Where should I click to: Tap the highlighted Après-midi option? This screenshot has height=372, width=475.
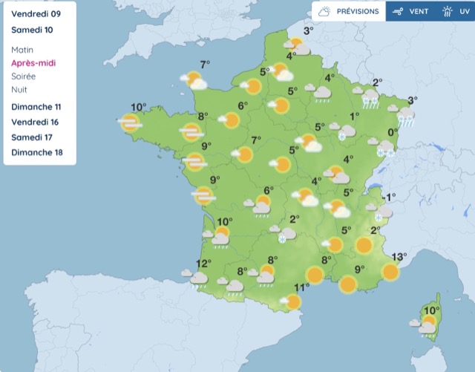point(33,63)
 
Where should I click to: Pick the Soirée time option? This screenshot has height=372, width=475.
point(24,76)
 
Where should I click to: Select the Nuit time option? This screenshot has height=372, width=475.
point(19,90)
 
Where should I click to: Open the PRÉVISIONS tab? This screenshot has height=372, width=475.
point(348,11)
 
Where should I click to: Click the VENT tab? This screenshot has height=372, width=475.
point(412,11)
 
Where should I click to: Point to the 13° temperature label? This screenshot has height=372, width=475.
point(399,258)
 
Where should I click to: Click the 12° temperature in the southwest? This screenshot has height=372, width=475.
point(203,264)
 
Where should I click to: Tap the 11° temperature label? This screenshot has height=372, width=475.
point(301,288)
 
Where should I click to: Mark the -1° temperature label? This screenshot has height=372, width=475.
point(390,197)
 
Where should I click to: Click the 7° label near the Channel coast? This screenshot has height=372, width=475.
point(205,64)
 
